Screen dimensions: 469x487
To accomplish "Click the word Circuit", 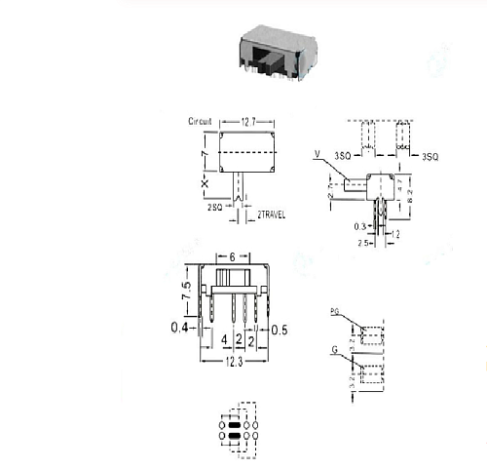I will tap(202, 122).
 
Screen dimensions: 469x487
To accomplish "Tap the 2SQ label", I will tap(212, 209).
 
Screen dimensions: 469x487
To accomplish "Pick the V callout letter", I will tap(318, 154).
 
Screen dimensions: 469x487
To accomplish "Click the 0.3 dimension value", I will tap(360, 225).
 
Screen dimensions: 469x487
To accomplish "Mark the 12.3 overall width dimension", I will tap(231, 363).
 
